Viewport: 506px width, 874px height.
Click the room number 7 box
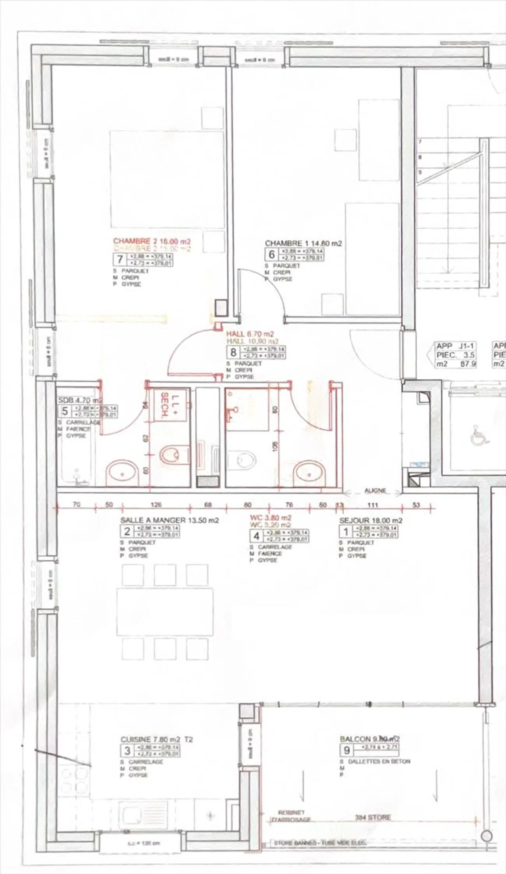click(120, 259)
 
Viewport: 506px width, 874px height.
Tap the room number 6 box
click(272, 254)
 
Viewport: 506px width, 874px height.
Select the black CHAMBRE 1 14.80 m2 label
click(303, 243)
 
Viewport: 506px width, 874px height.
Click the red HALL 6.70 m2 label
click(250, 334)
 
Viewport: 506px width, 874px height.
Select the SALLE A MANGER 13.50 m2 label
click(169, 520)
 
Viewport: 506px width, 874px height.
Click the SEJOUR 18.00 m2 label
click(371, 520)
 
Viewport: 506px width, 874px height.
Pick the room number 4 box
click(257, 536)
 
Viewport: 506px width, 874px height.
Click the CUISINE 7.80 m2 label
click(157, 739)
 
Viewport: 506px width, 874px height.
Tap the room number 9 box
click(347, 750)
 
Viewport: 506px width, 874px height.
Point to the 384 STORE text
click(372, 817)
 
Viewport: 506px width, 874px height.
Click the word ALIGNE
click(375, 490)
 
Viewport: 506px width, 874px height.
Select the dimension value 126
click(156, 505)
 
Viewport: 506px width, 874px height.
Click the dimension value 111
click(372, 505)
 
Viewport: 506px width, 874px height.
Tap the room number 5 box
click(65, 411)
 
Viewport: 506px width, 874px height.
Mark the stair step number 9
click(420, 172)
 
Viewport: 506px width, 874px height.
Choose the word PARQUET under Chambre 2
click(135, 271)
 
